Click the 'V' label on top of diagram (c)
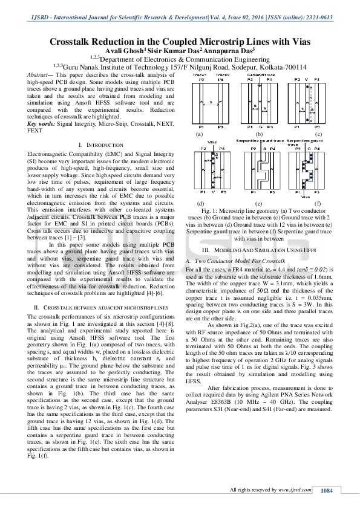308,79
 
